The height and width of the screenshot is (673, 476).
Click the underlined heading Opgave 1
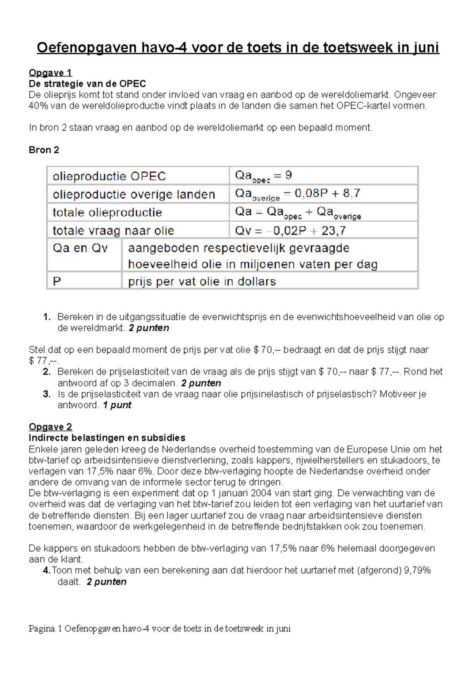pyautogui.click(x=50, y=73)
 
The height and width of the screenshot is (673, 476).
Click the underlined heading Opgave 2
pyautogui.click(x=50, y=427)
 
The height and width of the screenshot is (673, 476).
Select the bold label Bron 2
pyautogui.click(x=44, y=150)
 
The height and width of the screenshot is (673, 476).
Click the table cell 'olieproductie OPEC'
pyautogui.click(x=109, y=176)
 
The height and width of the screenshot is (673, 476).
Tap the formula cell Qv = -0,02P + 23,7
pyautogui.click(x=290, y=230)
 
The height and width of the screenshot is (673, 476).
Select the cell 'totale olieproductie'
pyautogui.click(x=107, y=212)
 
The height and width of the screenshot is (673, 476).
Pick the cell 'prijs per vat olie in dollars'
pyautogui.click(x=202, y=281)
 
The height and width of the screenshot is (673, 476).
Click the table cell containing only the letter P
pyautogui.click(x=57, y=281)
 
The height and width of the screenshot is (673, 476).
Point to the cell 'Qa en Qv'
pyautogui.click(x=80, y=248)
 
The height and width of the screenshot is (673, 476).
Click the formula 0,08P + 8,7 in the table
pyautogui.click(x=327, y=193)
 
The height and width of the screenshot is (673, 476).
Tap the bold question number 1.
pyautogui.click(x=47, y=317)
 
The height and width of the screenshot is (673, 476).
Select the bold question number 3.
pyautogui.click(x=47, y=394)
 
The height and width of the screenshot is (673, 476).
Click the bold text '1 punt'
pyautogui.click(x=117, y=405)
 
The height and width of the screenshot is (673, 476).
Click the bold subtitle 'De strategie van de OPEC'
pyautogui.click(x=87, y=84)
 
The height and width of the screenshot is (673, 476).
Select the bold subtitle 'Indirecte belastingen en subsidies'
pyautogui.click(x=107, y=438)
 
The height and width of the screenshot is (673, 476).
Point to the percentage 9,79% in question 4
pyautogui.click(x=417, y=570)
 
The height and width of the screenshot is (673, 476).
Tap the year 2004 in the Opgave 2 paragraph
pyautogui.click(x=261, y=493)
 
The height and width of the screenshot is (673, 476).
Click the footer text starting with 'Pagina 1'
pyautogui.click(x=159, y=629)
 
